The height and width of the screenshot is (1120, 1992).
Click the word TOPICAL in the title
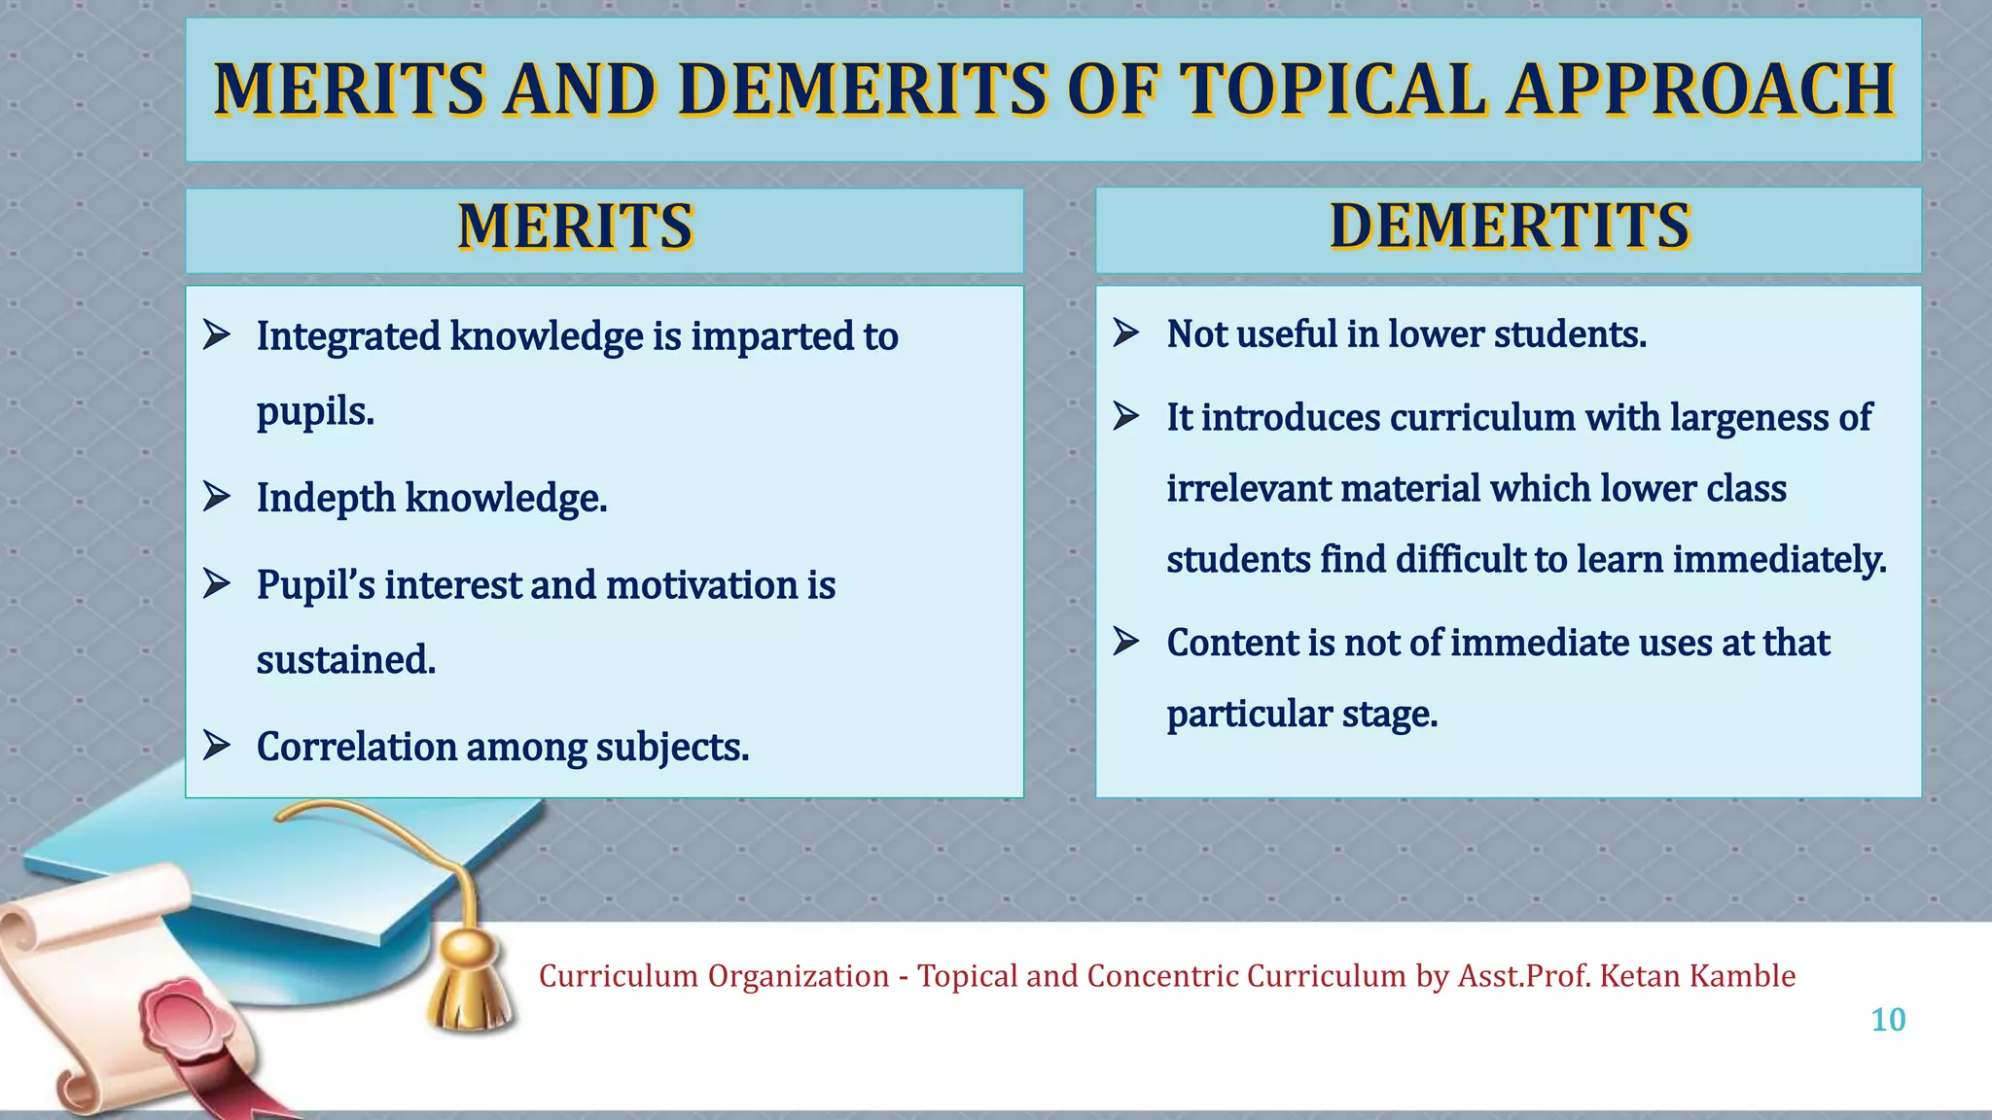(x=1333, y=89)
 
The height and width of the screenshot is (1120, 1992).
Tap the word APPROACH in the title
(x=1701, y=89)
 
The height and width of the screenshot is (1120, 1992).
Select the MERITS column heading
(x=575, y=227)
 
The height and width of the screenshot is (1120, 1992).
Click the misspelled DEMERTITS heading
(x=1510, y=227)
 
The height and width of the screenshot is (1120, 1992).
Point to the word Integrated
(x=348, y=336)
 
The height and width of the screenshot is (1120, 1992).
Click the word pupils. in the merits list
(x=315, y=411)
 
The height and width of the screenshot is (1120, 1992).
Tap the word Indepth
(x=326, y=498)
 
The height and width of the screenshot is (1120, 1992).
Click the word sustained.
(x=345, y=660)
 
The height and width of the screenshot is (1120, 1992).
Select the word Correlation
(x=356, y=747)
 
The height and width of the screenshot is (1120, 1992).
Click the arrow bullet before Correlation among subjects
(x=216, y=746)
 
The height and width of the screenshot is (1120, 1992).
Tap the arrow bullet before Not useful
(x=1126, y=333)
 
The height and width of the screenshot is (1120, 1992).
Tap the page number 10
(x=1888, y=1020)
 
